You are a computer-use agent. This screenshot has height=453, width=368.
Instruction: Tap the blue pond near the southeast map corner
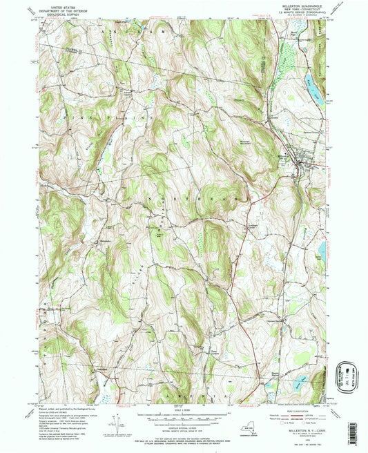click(300, 381)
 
